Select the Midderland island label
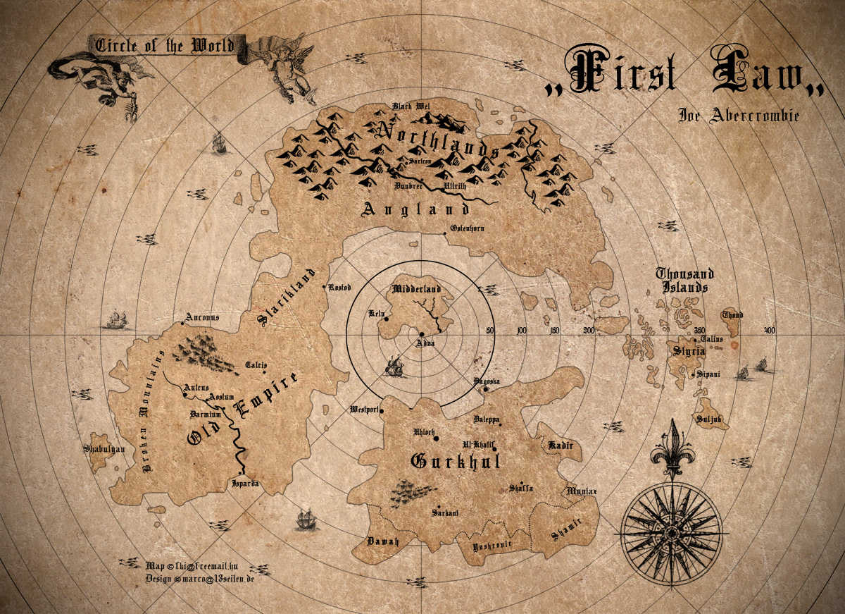[415, 289]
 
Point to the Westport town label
[365, 410]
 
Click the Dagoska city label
[487, 381]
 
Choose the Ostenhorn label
[467, 228]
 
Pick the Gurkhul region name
[455, 462]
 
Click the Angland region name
[415, 209]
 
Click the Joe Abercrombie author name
[739, 115]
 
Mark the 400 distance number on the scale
[770, 331]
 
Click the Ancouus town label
[202, 317]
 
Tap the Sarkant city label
[445, 512]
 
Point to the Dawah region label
[383, 541]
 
